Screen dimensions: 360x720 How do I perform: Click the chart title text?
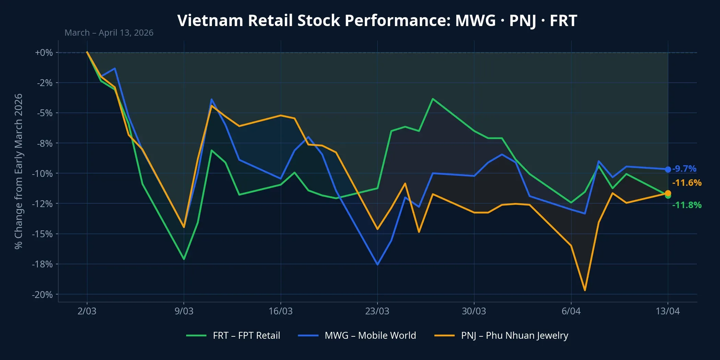coord(377,21)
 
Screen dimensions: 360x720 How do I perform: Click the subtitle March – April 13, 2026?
coord(109,33)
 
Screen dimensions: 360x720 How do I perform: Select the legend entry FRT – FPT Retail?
coord(246,335)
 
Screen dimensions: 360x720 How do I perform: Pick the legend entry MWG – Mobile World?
coord(370,335)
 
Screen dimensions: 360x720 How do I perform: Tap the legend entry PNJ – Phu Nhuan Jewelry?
coord(514,335)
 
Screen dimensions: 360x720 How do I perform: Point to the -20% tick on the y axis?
coord(43,295)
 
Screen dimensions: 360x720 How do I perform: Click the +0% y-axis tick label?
coord(44,52)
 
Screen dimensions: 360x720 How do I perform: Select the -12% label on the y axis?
coord(43,204)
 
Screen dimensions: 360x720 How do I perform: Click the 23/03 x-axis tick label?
coord(377,311)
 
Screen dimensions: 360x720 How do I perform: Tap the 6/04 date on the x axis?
coord(571,311)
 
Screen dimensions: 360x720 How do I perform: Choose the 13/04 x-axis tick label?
coord(668,311)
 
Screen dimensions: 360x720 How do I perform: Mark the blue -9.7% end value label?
coord(684,169)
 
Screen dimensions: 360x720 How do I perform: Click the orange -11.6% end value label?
coord(687,183)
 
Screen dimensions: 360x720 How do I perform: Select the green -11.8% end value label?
coord(687,205)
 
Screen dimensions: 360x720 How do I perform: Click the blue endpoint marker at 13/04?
coord(668,169)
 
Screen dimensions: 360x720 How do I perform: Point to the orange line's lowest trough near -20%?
coord(585,290)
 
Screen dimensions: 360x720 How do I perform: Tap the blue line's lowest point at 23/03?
coord(377,265)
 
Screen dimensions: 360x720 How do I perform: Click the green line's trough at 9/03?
coord(184,259)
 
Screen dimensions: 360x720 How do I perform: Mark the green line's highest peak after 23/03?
coord(433,99)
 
